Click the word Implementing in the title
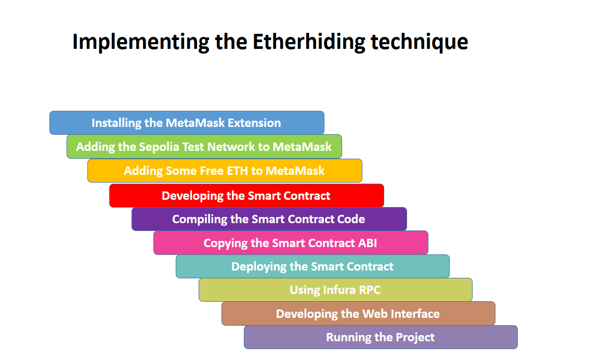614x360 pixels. (140, 42)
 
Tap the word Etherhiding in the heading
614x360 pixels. (309, 42)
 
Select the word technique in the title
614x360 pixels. (420, 42)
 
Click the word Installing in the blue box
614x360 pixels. (116, 123)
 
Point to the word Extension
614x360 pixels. (255, 123)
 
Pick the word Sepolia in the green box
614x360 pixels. (159, 147)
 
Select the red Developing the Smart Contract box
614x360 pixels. (246, 196)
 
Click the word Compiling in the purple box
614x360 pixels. (200, 219)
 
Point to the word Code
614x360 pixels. (351, 219)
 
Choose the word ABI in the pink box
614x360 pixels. (367, 243)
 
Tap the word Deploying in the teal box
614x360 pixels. (258, 267)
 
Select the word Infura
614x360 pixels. (337, 290)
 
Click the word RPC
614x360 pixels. (369, 290)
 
